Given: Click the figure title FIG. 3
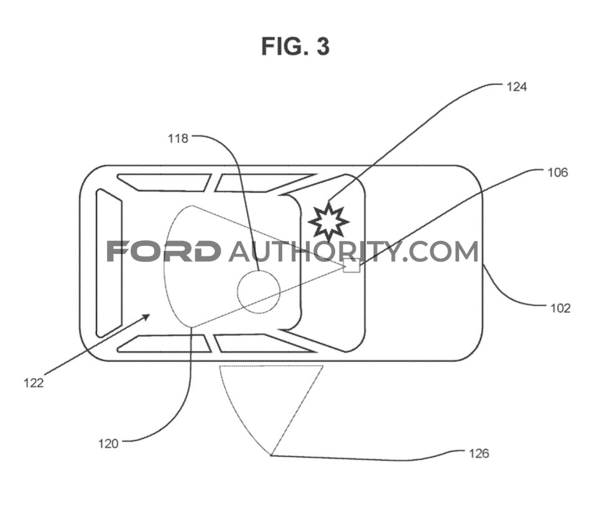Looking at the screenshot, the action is click(295, 47).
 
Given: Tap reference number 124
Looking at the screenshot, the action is click(517, 87).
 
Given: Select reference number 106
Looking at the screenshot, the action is click(557, 173).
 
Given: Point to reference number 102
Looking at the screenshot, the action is click(560, 308).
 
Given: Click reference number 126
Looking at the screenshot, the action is click(479, 453).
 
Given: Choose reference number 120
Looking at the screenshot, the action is click(108, 444).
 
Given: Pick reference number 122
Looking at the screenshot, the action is click(34, 382).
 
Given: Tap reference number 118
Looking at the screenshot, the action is click(178, 138).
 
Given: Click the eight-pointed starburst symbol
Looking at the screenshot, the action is click(328, 222).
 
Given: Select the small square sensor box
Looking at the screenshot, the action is click(351, 265).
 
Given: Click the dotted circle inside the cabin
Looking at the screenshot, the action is click(258, 291).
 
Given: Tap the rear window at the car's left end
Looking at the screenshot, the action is click(109, 263).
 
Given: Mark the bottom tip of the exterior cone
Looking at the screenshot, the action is click(271, 455).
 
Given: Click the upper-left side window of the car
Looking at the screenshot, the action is click(164, 183).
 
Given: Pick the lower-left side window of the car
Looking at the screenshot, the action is click(164, 343).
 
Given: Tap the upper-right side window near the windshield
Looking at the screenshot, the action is click(265, 183).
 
